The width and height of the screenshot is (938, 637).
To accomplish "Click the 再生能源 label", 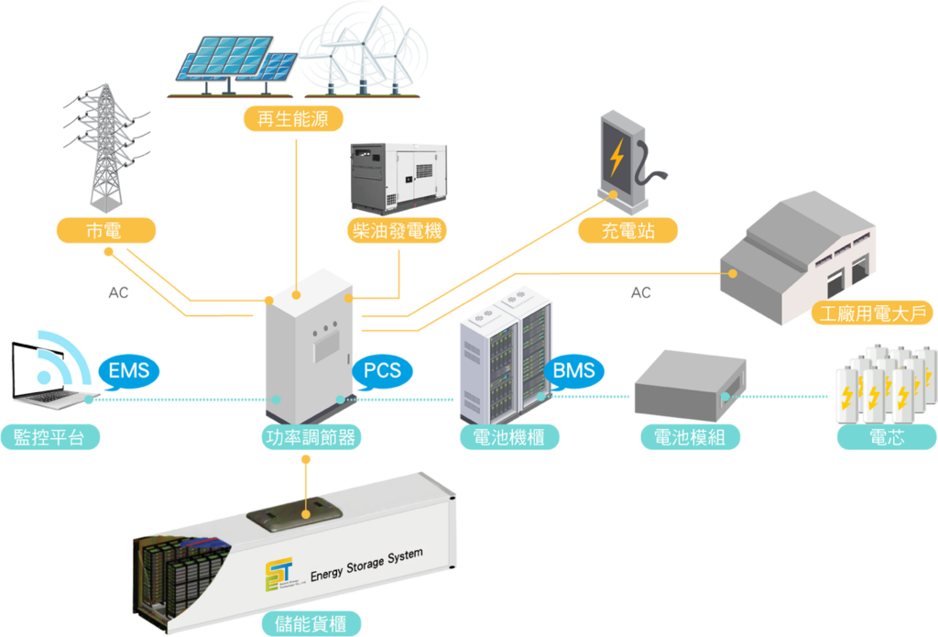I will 287,119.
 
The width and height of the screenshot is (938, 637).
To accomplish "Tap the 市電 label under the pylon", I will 104,231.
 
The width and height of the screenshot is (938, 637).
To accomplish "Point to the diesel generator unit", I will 397,178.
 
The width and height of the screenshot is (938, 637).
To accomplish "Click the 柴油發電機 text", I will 397,231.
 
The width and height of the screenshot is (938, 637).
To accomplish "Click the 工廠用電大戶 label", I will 873,314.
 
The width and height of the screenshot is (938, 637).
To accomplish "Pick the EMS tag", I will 128,371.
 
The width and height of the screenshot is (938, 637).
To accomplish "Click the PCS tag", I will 382,370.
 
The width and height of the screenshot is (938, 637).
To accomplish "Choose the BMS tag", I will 574,371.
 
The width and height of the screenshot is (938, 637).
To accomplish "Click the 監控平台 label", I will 49,437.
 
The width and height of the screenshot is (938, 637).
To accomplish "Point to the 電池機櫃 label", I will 508,437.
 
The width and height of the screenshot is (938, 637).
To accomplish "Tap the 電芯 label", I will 886,437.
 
